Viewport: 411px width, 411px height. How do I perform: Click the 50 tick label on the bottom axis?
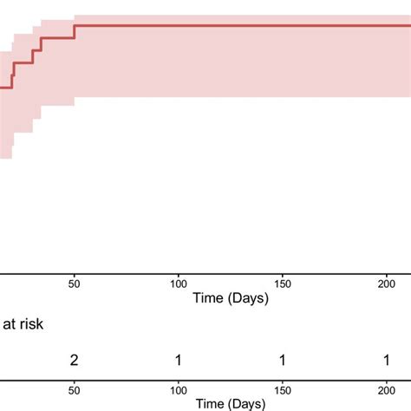[x=75, y=389]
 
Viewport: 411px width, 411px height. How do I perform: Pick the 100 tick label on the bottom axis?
[x=179, y=389]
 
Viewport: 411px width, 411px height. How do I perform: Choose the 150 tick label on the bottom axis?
[x=282, y=389]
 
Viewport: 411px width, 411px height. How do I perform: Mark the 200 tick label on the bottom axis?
[x=386, y=389]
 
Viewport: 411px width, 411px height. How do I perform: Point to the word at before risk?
[x=9, y=324]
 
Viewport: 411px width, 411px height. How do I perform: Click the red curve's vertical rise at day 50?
[x=75, y=31]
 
